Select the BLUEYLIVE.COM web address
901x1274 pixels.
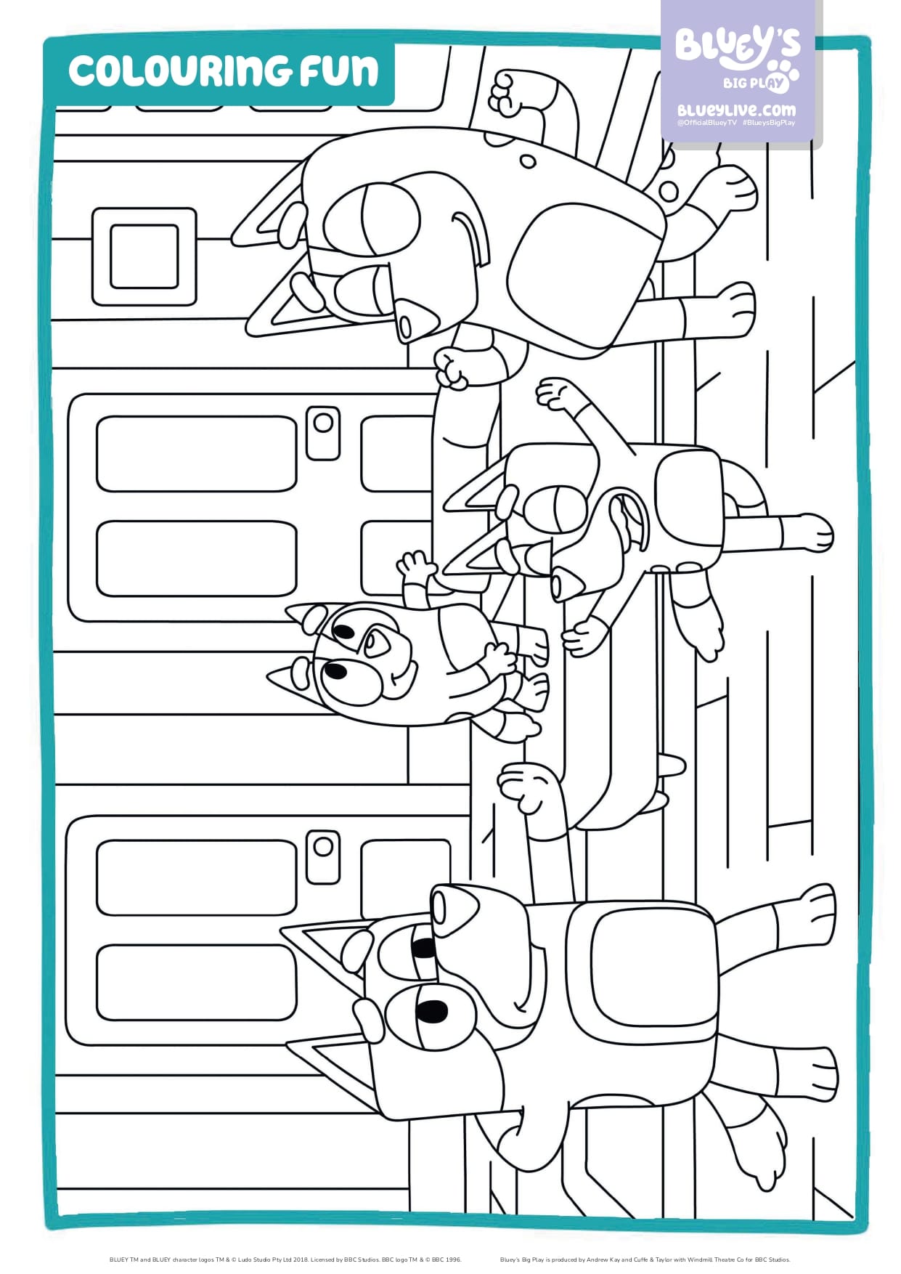736,110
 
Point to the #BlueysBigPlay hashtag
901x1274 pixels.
769,123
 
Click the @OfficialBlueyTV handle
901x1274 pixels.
706,123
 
